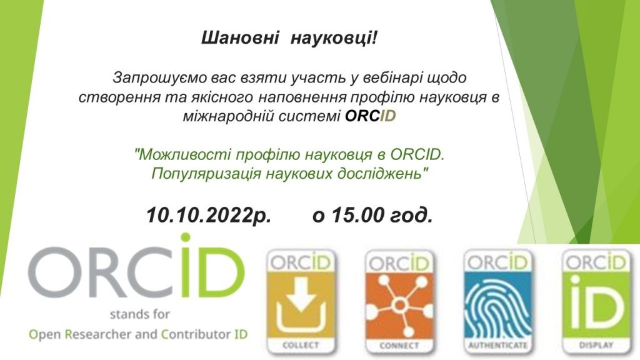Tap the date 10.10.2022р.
click(209, 215)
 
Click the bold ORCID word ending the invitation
click(371, 116)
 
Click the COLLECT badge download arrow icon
click(301, 304)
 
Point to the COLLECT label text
click(301, 345)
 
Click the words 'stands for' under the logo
click(139, 314)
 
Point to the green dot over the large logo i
click(186, 238)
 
